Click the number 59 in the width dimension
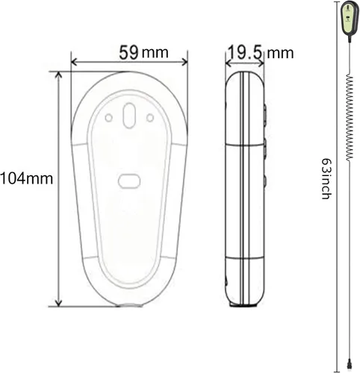[x=128, y=52]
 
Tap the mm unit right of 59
[x=155, y=53]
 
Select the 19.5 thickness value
[x=244, y=52]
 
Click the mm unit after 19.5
[x=280, y=54]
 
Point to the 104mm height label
[x=26, y=178]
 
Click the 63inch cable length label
[x=326, y=178]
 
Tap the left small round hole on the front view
[x=108, y=118]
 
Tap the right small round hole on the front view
[x=150, y=118]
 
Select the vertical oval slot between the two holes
[x=129, y=116]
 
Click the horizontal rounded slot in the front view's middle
[x=129, y=181]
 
